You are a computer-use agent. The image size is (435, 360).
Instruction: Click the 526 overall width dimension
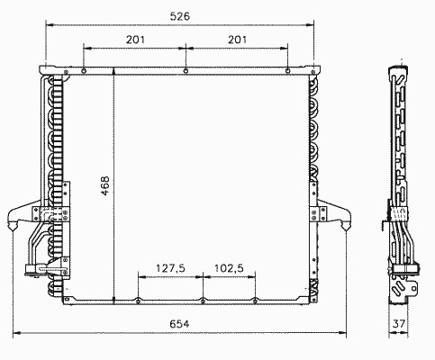[180, 16]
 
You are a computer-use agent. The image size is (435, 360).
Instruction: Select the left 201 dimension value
[135, 40]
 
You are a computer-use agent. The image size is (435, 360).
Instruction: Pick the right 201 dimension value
[237, 40]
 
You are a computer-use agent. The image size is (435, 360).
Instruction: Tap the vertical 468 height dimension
[105, 186]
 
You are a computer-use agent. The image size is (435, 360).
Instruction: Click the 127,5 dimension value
[170, 268]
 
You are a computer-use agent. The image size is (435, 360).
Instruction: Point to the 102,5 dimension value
[229, 268]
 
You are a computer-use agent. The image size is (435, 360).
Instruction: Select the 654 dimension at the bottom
[179, 324]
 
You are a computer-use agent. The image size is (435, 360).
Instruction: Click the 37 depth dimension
[399, 324]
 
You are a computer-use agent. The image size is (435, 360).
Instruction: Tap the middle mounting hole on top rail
[186, 71]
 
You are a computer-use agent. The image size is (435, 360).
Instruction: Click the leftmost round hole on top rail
[84, 71]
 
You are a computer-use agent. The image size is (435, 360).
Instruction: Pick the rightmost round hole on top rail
[287, 71]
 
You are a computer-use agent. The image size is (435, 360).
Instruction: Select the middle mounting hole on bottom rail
[203, 301]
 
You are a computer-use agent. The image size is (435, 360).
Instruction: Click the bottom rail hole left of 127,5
[139, 301]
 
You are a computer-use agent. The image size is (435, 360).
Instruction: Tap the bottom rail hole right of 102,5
[255, 301]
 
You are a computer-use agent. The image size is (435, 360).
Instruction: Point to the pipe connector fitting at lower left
[36, 269]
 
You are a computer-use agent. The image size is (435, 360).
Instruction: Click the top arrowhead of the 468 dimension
[113, 71]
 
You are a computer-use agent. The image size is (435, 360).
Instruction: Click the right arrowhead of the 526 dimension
[310, 25]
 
